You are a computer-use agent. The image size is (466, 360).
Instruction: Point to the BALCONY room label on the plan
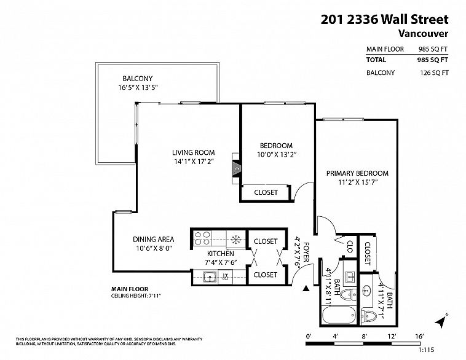click(136, 78)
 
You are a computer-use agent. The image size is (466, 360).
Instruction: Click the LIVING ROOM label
click(192, 152)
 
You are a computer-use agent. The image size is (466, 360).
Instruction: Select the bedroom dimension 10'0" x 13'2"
click(276, 155)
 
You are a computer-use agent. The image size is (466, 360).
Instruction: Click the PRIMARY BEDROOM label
click(357, 173)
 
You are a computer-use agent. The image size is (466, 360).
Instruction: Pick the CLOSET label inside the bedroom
click(266, 192)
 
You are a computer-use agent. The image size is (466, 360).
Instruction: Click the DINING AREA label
click(153, 240)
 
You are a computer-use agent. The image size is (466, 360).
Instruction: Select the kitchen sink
click(210, 277)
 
